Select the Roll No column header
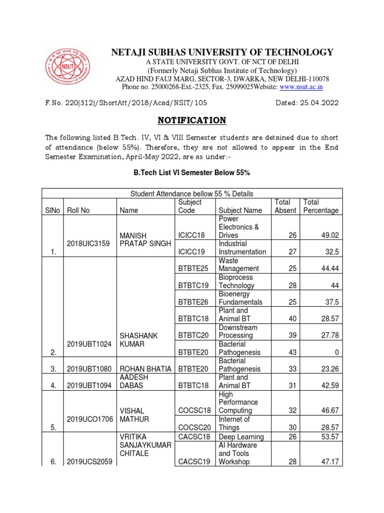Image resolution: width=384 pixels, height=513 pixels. (x=78, y=210)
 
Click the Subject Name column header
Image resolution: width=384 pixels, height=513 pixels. (x=239, y=210)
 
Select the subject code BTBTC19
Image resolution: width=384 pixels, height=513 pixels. (x=192, y=286)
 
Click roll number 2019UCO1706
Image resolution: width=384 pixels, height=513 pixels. (x=88, y=419)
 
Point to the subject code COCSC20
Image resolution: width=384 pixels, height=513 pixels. (x=192, y=428)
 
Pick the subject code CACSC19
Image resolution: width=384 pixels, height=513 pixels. (x=192, y=462)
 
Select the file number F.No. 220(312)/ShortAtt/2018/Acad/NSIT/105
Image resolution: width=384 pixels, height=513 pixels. (x=126, y=103)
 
